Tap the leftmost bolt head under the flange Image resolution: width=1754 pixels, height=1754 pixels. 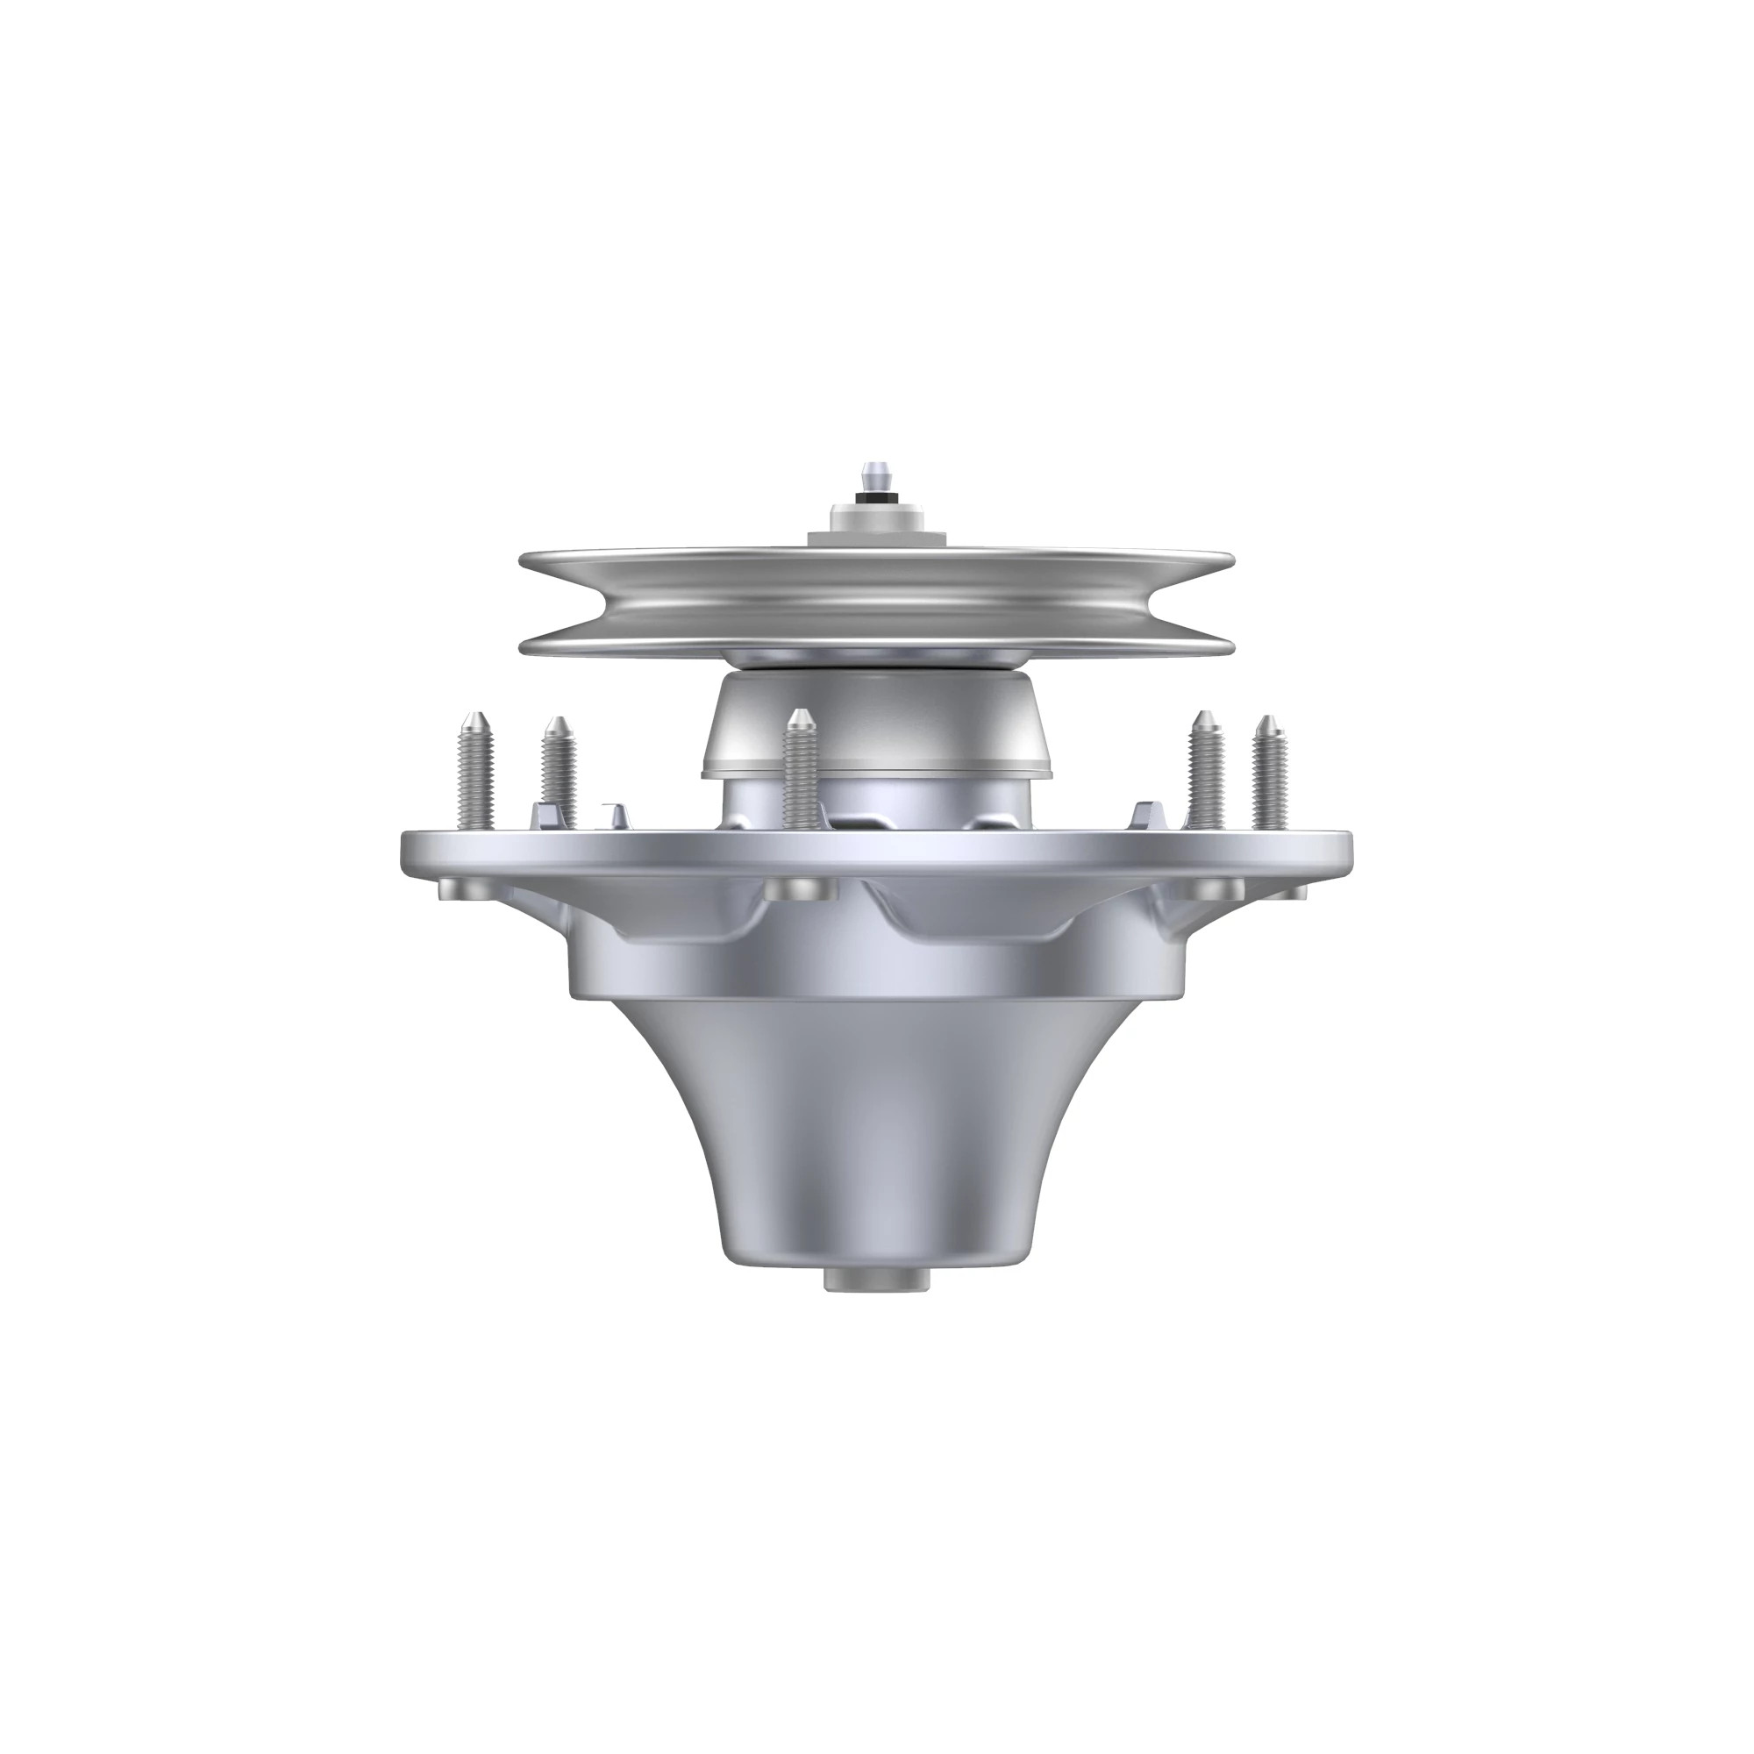[458, 887]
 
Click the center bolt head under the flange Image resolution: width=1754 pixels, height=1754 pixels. [800, 888]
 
